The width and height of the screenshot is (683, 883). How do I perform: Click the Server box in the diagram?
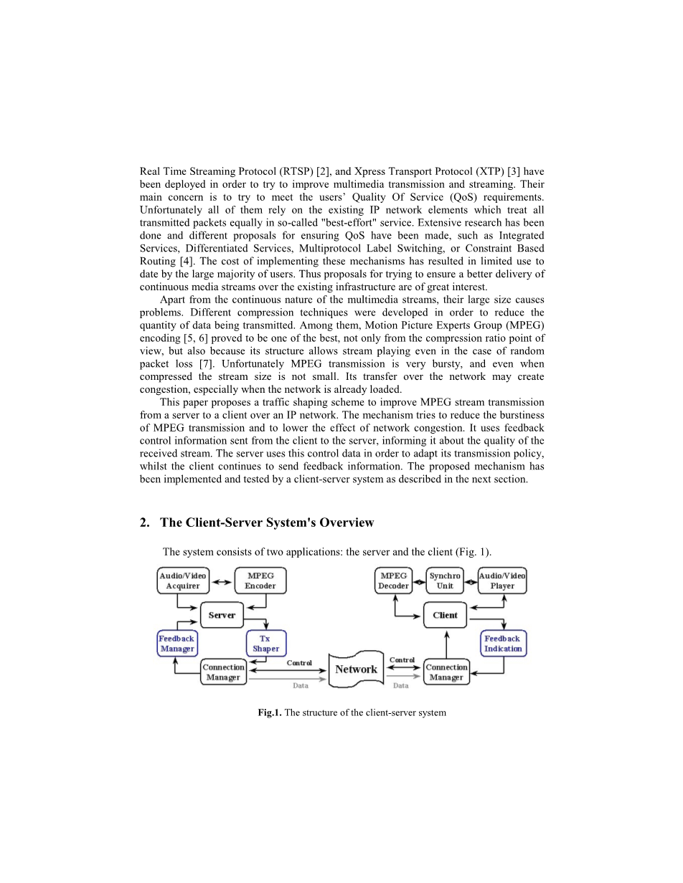coord(222,616)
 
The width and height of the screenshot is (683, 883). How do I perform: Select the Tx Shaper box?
coord(265,643)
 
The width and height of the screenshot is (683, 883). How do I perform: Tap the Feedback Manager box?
coord(176,643)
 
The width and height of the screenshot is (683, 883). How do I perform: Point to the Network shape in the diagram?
coord(357,669)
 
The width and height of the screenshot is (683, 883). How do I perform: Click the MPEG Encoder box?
coord(260,581)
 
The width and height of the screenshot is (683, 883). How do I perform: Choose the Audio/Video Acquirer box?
coord(183,581)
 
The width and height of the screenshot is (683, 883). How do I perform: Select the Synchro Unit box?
coord(445,581)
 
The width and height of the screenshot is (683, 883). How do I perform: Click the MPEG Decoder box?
coord(394,581)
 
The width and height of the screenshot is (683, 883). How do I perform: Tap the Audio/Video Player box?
coord(502,581)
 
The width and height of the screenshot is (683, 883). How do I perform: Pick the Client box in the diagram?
coord(445,616)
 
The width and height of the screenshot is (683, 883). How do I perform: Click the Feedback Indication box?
coord(503,643)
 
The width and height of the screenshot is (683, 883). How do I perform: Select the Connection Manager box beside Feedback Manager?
coord(223,672)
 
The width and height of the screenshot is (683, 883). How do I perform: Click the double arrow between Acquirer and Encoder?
coord(222,581)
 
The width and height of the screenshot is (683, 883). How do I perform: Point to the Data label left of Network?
coord(301,686)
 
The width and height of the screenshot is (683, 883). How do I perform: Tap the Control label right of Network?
coord(402,660)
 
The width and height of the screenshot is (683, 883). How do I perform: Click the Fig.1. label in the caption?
coord(270,713)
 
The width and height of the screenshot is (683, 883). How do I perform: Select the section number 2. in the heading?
coord(145,522)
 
